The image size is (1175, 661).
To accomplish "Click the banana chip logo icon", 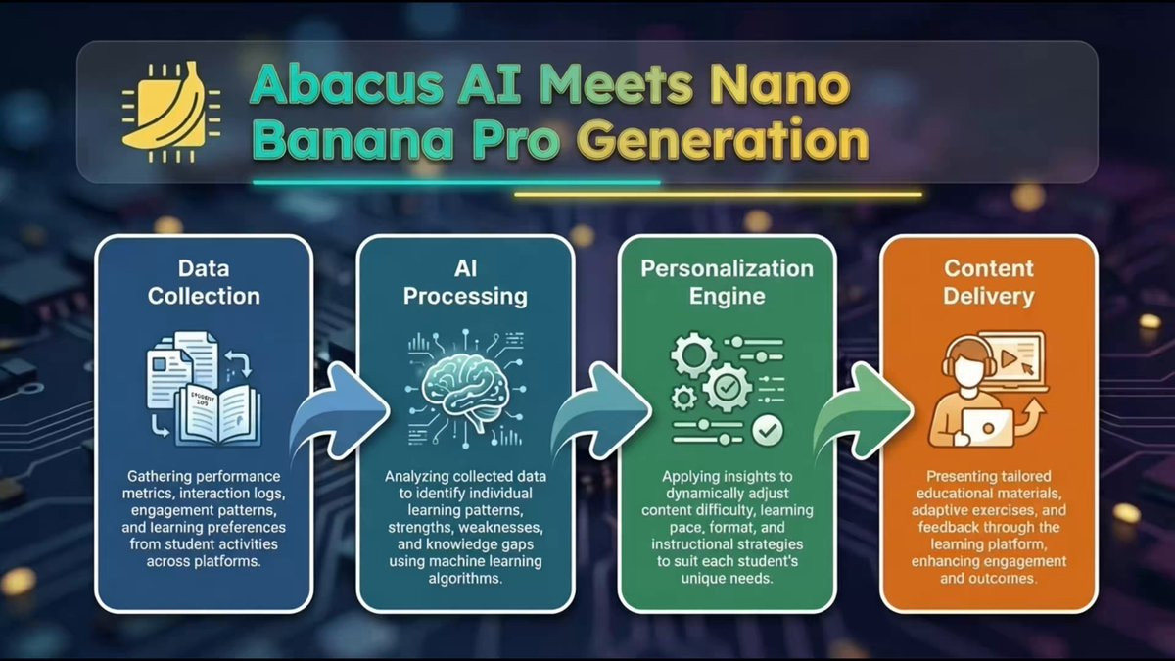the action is (x=171, y=113).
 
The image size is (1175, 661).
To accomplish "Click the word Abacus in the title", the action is (x=347, y=84).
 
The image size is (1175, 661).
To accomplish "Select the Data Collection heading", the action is (x=204, y=282).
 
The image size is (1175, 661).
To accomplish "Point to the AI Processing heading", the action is (x=465, y=282).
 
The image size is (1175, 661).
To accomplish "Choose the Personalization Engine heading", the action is (x=727, y=282).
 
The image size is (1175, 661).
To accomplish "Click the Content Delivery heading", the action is (x=989, y=282).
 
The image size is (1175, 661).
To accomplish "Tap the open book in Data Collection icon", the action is (x=217, y=415).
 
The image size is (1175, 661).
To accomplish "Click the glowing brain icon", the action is (x=465, y=387).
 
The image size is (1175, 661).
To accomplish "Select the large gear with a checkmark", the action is (x=727, y=387).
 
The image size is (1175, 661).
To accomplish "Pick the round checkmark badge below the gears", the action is (x=768, y=431).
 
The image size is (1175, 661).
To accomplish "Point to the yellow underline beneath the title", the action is (x=718, y=195).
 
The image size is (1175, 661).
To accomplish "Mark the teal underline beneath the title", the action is (x=456, y=182).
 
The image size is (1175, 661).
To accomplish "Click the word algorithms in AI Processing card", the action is (x=465, y=578).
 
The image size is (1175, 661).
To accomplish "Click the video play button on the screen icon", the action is (x=1009, y=358).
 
